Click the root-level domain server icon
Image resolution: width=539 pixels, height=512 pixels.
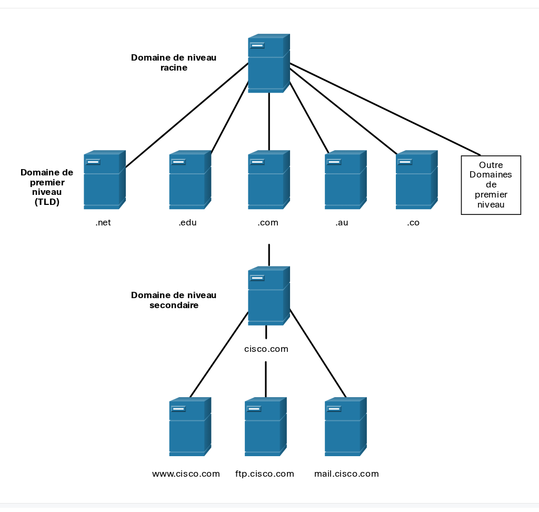point(269,63)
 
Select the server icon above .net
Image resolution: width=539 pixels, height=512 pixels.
point(105,180)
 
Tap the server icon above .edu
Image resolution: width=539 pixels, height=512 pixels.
point(190,180)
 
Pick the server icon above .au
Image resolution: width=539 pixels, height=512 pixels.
point(346,180)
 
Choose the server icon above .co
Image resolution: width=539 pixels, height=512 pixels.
point(417,180)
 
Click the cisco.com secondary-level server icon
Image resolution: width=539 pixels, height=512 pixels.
point(269,296)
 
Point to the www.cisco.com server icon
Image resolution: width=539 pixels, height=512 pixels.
point(190,427)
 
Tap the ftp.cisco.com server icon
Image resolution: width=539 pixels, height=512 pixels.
point(266,427)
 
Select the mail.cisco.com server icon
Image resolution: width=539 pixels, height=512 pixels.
point(346,427)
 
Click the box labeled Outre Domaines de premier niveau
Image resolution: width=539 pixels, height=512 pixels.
point(491,185)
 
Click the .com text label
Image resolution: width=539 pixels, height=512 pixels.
point(268,223)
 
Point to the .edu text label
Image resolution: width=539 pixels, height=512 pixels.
point(188,223)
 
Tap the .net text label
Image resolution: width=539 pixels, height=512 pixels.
point(103,223)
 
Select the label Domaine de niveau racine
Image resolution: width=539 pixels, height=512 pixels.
point(174,62)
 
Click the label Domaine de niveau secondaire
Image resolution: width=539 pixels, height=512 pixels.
point(174,300)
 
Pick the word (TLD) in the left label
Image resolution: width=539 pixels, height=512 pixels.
point(47,202)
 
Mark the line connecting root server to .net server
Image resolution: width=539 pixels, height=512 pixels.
point(187,115)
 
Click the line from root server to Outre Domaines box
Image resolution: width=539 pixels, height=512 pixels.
point(385,109)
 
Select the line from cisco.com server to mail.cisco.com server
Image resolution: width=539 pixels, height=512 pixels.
point(318,353)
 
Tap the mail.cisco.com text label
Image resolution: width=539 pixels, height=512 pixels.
point(346,474)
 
